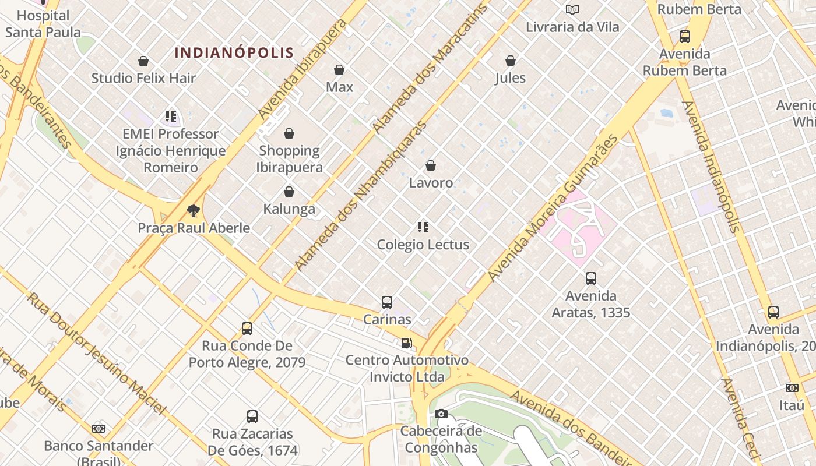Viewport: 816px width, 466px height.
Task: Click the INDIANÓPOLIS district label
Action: click(x=234, y=52)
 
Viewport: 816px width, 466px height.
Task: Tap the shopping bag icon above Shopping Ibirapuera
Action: click(x=289, y=134)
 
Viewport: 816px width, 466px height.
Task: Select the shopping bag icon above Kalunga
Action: click(x=289, y=192)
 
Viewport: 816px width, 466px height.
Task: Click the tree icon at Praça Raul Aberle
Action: click(x=194, y=210)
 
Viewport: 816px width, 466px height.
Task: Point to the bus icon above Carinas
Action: click(x=387, y=302)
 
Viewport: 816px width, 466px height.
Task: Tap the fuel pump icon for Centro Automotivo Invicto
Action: click(x=406, y=343)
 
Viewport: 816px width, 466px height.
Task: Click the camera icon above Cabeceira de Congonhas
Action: click(x=441, y=414)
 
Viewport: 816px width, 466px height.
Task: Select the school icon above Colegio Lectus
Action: click(x=423, y=227)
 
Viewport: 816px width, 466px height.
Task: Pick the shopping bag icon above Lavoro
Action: click(x=431, y=165)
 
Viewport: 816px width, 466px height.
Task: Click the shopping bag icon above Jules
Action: click(x=511, y=61)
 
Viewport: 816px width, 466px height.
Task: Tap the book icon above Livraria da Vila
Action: click(x=572, y=10)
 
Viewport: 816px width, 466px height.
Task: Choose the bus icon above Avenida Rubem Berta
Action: click(x=685, y=37)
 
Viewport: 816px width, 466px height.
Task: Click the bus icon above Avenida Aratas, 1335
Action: click(x=591, y=278)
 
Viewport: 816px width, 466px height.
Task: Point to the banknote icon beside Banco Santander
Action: click(x=99, y=429)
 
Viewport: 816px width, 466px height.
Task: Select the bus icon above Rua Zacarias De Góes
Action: click(x=252, y=416)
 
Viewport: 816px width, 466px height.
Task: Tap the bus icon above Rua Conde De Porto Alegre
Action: click(x=247, y=329)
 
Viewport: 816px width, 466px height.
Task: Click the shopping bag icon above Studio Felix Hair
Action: click(x=143, y=61)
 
